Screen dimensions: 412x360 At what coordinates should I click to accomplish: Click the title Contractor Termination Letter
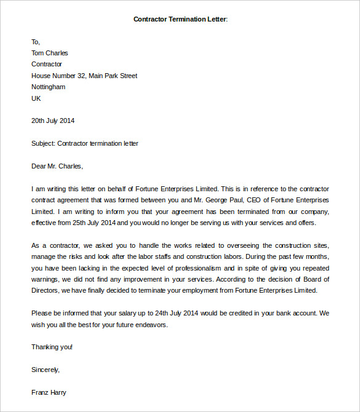(180, 19)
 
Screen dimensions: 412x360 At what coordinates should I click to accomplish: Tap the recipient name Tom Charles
(50, 53)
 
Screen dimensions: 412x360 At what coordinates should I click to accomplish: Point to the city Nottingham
(49, 87)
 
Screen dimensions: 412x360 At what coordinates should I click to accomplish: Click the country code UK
(36, 98)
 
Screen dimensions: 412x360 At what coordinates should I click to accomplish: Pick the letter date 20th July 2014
(53, 121)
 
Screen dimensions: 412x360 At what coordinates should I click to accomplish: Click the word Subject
(42, 143)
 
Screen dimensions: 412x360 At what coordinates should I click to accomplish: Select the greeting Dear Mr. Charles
(57, 166)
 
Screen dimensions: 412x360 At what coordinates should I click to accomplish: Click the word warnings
(47, 279)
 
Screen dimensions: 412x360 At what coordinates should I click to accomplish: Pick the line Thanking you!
(52, 347)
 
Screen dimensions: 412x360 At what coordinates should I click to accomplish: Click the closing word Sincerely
(46, 370)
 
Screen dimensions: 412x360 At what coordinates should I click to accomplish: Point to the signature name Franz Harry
(49, 392)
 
